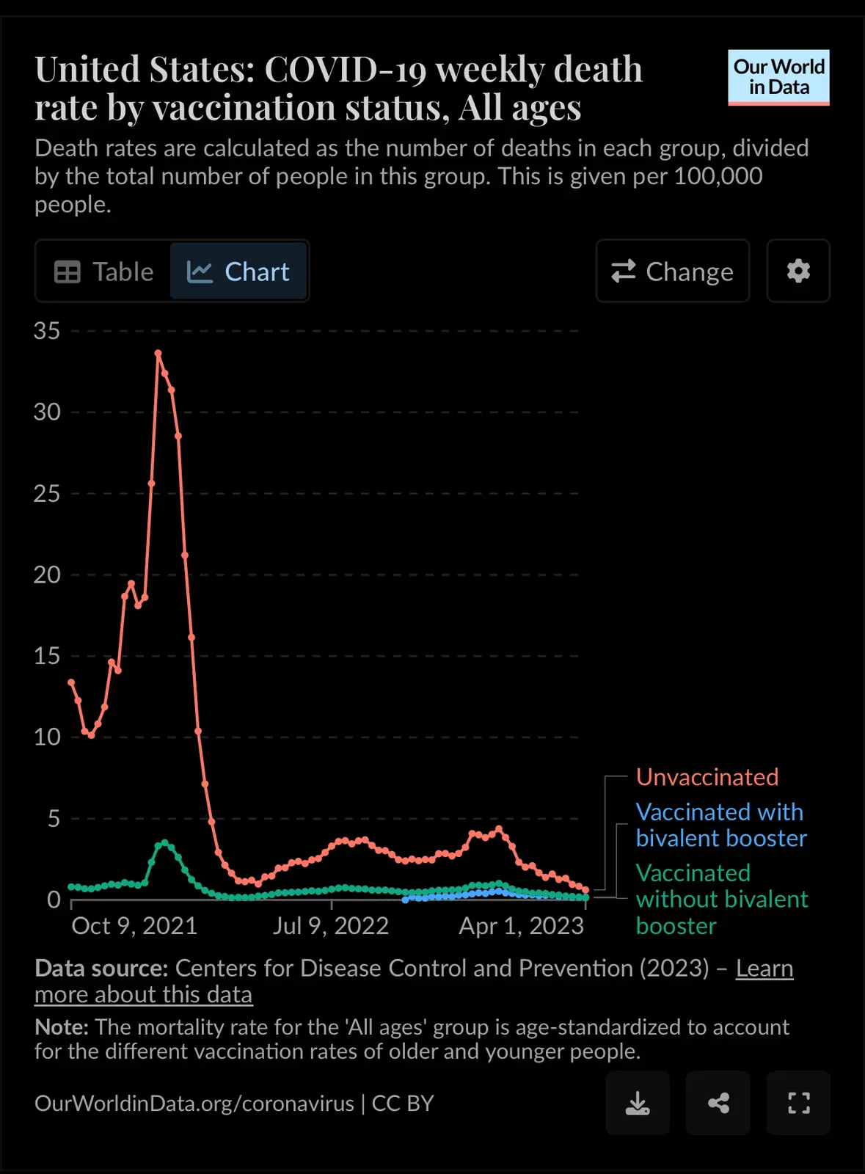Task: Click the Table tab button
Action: point(103,271)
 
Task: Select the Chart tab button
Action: point(238,271)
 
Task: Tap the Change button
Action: point(673,271)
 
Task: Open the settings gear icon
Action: point(798,271)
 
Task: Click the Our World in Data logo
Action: point(778,77)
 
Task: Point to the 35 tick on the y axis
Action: point(47,331)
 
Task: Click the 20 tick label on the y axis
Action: point(47,575)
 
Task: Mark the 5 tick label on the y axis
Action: point(54,818)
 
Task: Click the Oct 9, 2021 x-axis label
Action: point(134,926)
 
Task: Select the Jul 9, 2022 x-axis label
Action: point(331,926)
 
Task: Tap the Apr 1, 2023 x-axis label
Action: point(521,926)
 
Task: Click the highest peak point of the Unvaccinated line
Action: point(158,353)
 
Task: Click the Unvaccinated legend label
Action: point(707,777)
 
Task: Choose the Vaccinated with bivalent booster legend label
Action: point(720,825)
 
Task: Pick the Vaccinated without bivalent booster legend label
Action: point(721,899)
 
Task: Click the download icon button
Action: point(638,1103)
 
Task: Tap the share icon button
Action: point(718,1103)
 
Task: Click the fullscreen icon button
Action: point(798,1103)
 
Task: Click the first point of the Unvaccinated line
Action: point(71,682)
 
